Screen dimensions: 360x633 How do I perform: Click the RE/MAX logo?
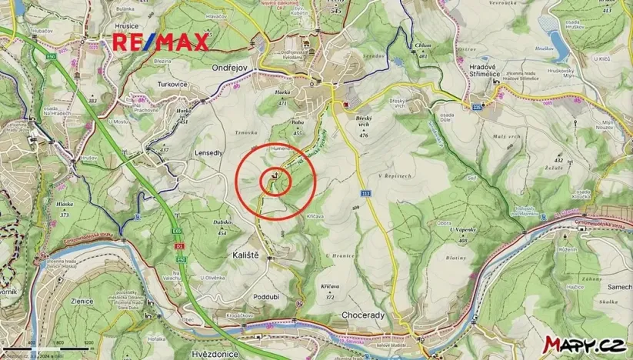(161, 42)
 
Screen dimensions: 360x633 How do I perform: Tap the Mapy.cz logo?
(584, 345)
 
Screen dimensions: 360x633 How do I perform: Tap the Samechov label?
(619, 286)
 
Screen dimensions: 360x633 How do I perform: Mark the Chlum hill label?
(422, 45)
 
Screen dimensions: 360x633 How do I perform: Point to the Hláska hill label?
(65, 205)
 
